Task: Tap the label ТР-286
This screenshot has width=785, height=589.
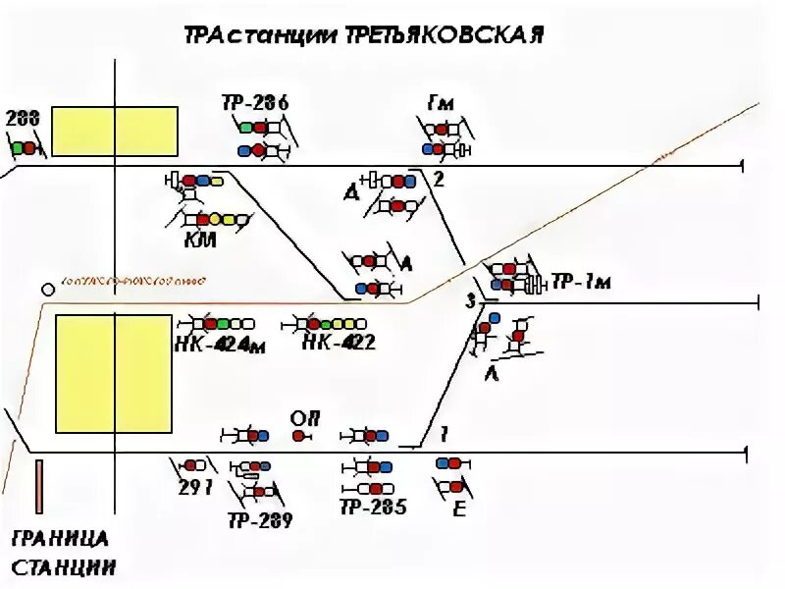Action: (x=255, y=103)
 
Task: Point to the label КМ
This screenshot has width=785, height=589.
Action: (x=199, y=240)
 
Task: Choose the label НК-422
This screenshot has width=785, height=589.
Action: (x=339, y=344)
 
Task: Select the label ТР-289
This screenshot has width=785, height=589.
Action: (x=260, y=521)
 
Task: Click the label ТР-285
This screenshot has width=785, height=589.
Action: (x=373, y=508)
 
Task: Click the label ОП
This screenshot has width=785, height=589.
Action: (x=301, y=417)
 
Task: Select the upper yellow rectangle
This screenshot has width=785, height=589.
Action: (x=115, y=132)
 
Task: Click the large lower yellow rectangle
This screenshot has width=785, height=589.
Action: (x=114, y=373)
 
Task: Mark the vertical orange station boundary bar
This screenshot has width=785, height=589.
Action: (x=38, y=486)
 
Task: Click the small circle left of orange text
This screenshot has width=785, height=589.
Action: (x=47, y=290)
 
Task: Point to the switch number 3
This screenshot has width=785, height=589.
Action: (x=470, y=300)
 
